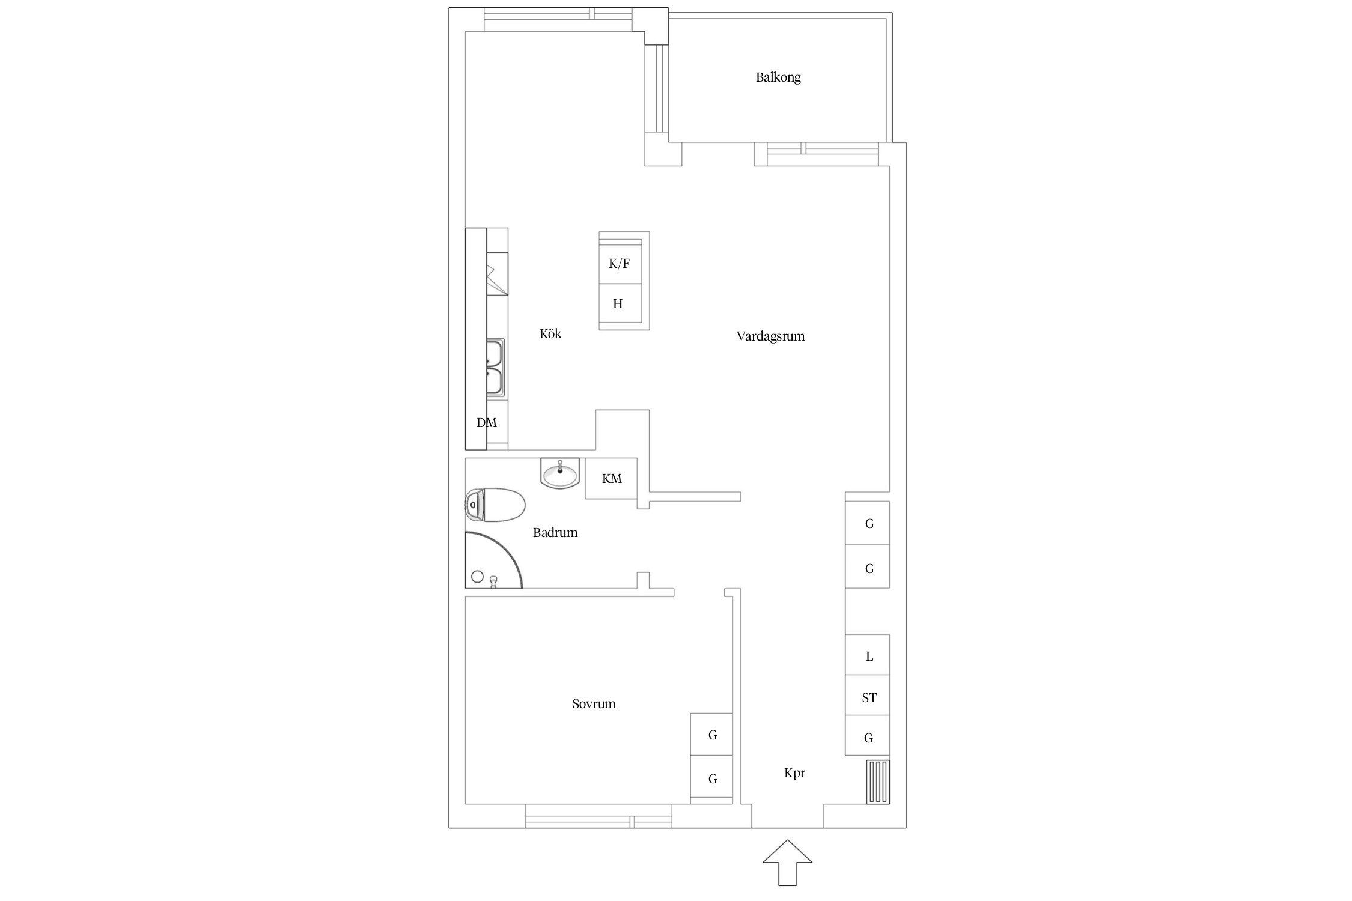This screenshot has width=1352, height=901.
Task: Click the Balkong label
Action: click(778, 77)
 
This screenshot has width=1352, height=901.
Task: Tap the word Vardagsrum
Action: click(770, 336)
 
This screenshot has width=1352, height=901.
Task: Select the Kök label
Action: click(550, 333)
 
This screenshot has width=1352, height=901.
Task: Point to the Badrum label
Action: click(555, 532)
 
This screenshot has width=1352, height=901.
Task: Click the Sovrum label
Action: click(594, 703)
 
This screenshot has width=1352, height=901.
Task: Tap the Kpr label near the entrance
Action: click(794, 773)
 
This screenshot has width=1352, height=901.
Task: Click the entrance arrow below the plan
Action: click(788, 863)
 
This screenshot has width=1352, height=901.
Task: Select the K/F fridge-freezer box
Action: click(620, 263)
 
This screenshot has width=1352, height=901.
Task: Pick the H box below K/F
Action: click(620, 304)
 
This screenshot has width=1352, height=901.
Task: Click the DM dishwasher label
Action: click(487, 423)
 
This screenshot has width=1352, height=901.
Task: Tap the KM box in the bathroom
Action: click(612, 478)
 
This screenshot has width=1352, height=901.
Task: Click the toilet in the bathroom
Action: click(495, 505)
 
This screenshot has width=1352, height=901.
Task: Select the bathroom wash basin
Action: click(560, 473)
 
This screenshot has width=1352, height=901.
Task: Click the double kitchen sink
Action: click(495, 368)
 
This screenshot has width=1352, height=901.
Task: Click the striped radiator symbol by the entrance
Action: click(878, 782)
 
